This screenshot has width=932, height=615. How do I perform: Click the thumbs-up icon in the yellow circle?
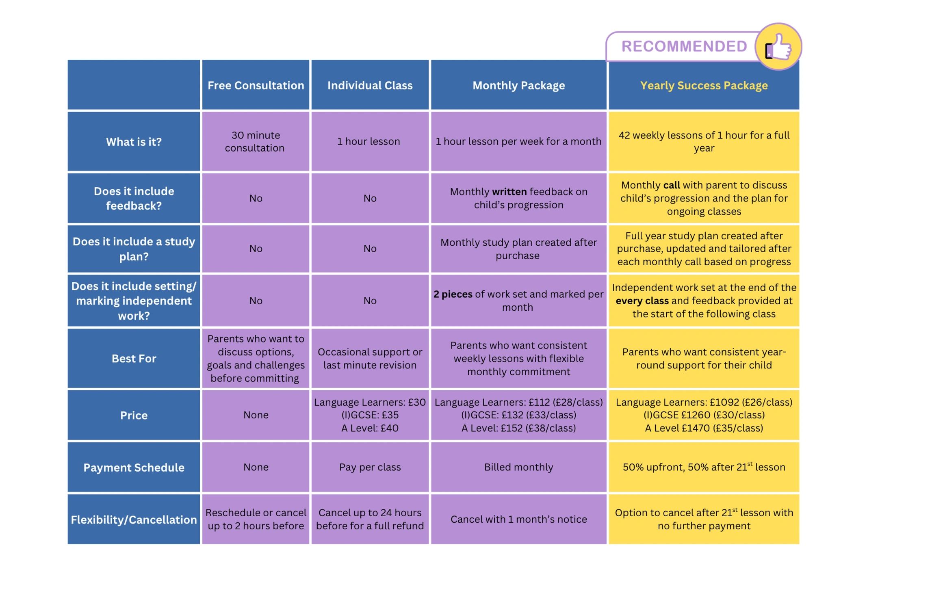[778, 47]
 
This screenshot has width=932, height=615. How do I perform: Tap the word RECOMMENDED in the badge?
[684, 46]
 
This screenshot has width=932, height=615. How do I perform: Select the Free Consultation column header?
[256, 85]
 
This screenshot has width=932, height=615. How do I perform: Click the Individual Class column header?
[370, 85]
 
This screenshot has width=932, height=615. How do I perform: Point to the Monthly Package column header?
[518, 85]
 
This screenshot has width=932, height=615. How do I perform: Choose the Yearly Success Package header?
[704, 85]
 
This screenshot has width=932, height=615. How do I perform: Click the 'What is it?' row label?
[134, 142]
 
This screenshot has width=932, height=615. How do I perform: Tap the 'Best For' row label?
[134, 358]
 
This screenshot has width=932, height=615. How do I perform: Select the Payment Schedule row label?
[134, 467]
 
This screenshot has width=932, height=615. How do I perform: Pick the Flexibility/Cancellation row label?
[134, 519]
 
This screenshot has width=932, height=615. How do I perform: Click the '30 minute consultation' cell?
[256, 141]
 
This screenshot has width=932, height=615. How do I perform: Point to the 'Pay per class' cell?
[370, 467]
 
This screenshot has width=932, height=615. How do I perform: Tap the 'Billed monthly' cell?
[518, 467]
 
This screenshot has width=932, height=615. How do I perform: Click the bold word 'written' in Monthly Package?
[509, 192]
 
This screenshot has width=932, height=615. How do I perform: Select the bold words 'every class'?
[642, 301]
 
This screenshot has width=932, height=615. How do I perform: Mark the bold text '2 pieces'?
[453, 294]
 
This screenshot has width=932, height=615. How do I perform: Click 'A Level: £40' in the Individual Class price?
[370, 428]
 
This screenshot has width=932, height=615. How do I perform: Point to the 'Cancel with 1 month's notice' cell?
[518, 519]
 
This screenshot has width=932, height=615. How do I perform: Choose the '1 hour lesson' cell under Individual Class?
[368, 141]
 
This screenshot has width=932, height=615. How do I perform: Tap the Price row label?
[134, 415]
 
